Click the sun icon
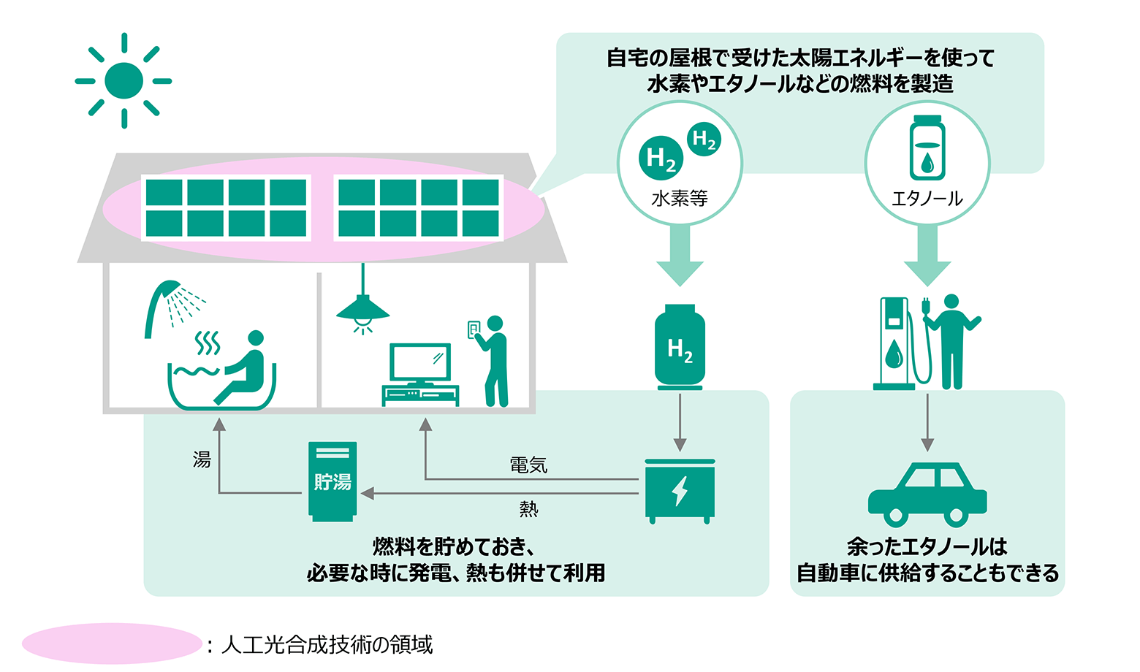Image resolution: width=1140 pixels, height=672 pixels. [x=123, y=80]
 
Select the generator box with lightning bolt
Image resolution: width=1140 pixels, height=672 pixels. [x=680, y=490]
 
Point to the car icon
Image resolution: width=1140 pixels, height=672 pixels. [x=927, y=495]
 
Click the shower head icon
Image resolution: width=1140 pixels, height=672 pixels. [x=164, y=299]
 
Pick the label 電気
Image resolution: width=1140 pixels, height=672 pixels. [x=528, y=465]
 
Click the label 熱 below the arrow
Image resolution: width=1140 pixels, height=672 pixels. [x=528, y=509]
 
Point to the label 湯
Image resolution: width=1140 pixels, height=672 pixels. [x=202, y=459]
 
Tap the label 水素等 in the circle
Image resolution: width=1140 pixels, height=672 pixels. [x=680, y=198]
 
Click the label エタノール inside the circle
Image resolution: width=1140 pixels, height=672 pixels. [x=927, y=198]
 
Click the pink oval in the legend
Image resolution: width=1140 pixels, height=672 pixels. [x=111, y=644]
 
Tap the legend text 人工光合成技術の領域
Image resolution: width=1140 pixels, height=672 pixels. [x=327, y=644]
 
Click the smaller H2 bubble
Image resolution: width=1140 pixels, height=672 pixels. [x=704, y=139]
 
